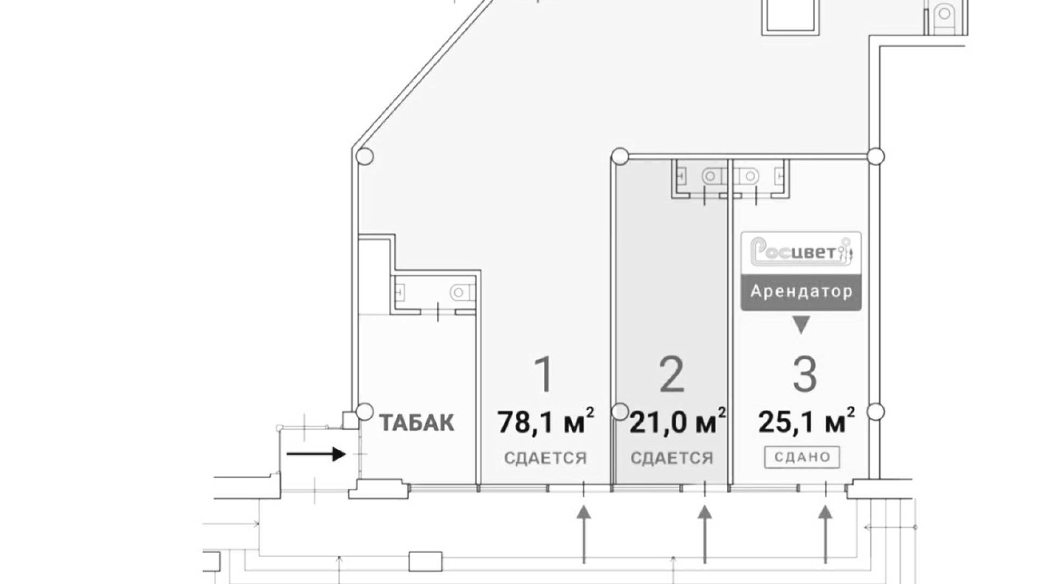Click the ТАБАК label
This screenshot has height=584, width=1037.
(416, 423)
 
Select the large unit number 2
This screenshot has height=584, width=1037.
(672, 374)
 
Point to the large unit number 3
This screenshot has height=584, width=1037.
(804, 374)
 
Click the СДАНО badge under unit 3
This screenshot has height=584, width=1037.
(802, 457)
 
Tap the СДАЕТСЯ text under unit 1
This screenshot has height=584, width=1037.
(545, 458)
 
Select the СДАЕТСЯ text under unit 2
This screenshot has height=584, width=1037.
(672, 458)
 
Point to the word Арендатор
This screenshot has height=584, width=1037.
(802, 291)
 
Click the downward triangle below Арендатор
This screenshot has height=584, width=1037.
(801, 325)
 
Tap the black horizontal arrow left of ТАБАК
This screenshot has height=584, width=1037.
(316, 454)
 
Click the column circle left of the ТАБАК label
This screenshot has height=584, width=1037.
(365, 412)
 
